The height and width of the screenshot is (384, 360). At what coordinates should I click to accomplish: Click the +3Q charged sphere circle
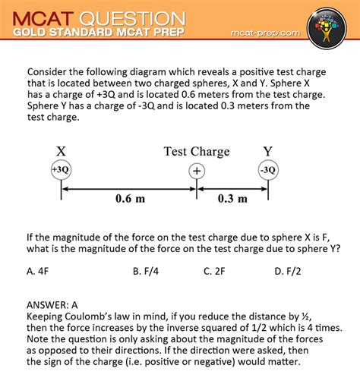61,171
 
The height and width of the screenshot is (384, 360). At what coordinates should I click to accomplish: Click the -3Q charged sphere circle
267,171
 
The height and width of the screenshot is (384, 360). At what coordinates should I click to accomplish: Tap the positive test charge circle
197,171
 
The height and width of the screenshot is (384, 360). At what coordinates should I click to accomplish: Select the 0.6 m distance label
130,199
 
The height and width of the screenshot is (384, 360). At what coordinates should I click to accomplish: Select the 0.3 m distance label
232,199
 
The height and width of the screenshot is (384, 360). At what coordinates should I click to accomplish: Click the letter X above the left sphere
61,152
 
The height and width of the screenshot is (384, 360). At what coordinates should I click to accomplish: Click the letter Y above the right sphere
268,152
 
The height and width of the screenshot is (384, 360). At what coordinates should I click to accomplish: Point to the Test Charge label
197,152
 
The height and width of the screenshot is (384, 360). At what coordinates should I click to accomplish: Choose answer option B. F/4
145,270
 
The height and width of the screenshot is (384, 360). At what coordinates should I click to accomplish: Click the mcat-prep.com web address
265,34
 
